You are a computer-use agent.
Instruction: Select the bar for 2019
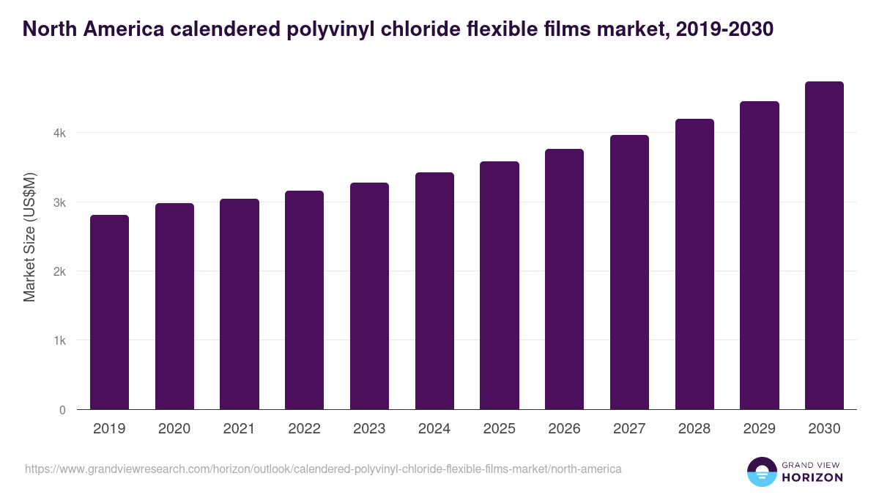[x=109, y=312]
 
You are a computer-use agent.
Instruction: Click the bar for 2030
[x=824, y=246]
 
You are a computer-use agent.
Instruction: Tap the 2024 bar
[x=434, y=291]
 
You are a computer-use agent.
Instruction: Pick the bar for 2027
[x=629, y=272]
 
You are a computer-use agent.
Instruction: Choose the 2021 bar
[x=240, y=304]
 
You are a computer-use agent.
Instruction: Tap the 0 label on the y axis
[x=62, y=410]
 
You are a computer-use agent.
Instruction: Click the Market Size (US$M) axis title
[x=29, y=237]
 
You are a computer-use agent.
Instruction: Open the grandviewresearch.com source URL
[x=323, y=469]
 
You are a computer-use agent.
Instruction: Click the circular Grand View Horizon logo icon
[x=761, y=472]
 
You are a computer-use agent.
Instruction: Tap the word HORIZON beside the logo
[x=812, y=477]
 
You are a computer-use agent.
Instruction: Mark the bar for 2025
[x=500, y=285]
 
